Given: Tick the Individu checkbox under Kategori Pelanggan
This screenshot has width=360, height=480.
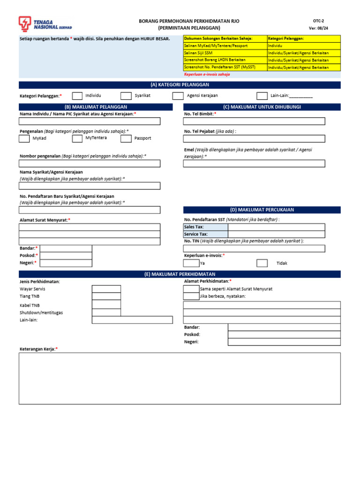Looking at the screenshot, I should tap(77, 96).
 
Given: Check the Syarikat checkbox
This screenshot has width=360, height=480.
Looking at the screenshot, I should tap(126, 96).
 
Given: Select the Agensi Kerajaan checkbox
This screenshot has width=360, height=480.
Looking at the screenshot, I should tap(178, 96).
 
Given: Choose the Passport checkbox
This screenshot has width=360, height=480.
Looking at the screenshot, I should tap(126, 139).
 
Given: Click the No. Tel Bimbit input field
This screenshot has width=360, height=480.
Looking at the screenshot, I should tap(254, 121).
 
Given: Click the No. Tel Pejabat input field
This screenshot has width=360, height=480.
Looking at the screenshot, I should tap(254, 139).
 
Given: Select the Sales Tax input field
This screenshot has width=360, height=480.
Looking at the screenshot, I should tap(276, 227).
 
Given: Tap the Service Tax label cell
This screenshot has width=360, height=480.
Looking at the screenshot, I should tap(205, 234).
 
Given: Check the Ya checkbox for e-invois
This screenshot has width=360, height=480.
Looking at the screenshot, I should tap(191, 263).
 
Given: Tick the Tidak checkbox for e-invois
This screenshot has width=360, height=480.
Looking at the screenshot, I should tap(262, 263).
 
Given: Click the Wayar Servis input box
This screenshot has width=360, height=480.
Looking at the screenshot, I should tap(106, 289).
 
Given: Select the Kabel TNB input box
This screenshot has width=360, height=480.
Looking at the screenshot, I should tap(106, 305).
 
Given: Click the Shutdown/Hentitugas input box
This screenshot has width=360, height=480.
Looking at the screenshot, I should tap(106, 312).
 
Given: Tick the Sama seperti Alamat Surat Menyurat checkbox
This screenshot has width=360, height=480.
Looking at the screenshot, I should tap(191, 289).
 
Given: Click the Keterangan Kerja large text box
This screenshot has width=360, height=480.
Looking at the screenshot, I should tap(180, 378).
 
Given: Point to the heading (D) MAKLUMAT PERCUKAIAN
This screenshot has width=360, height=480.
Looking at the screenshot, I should tap(262, 210).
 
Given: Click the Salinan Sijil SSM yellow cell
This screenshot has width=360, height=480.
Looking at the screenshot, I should tap(225, 53).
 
